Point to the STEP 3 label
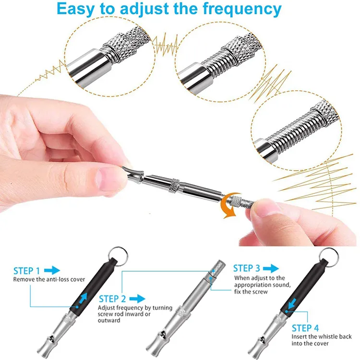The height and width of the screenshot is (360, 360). pos(247,268)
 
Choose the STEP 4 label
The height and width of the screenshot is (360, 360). pos(305,328)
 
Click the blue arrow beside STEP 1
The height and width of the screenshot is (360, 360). pos(55,271)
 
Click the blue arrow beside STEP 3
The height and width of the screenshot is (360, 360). pos(272,268)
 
